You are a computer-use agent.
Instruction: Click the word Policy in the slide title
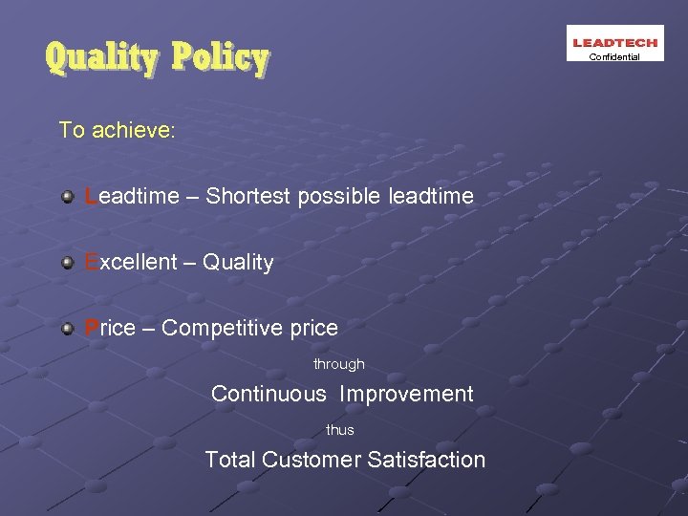coord(221,59)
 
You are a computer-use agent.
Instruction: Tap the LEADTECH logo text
coord(614,42)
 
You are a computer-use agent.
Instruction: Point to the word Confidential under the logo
coord(614,57)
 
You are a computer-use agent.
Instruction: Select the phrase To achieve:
coord(117,130)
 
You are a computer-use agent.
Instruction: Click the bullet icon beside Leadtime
coord(67,197)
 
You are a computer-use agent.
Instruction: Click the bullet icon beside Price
coord(67,329)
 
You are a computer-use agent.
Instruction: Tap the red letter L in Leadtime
coord(90,197)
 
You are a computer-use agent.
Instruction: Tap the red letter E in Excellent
coord(91,263)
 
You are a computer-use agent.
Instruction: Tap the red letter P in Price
coord(92,329)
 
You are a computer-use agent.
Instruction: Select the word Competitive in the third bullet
coord(223,329)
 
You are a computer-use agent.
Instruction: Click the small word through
coord(339,364)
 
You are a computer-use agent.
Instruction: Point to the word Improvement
coord(406,394)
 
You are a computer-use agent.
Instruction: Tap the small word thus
coord(340,430)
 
